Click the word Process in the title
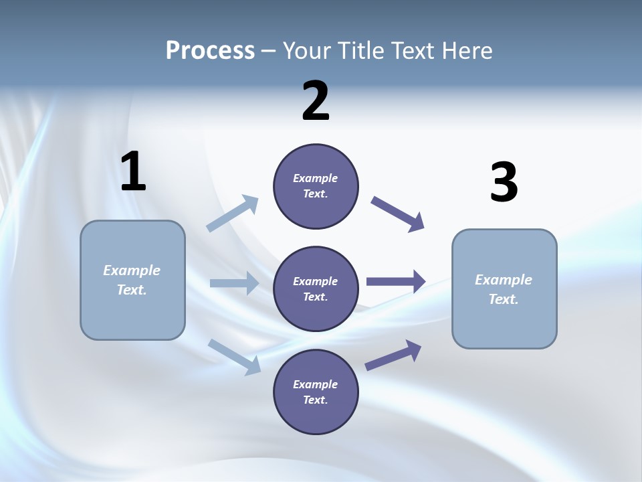[x=210, y=51]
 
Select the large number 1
[x=133, y=172]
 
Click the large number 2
[x=316, y=101]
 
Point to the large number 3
[x=504, y=183]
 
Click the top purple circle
[x=316, y=186]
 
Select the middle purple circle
[x=316, y=289]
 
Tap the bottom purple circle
[x=316, y=392]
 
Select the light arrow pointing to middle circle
[x=234, y=283]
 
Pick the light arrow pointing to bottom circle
[x=235, y=356]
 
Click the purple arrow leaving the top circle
[x=398, y=214]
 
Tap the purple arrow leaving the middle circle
[x=396, y=282]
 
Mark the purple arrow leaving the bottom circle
[x=393, y=355]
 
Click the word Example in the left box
[x=132, y=270]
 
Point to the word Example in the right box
[x=504, y=280]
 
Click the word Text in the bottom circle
[x=314, y=400]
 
